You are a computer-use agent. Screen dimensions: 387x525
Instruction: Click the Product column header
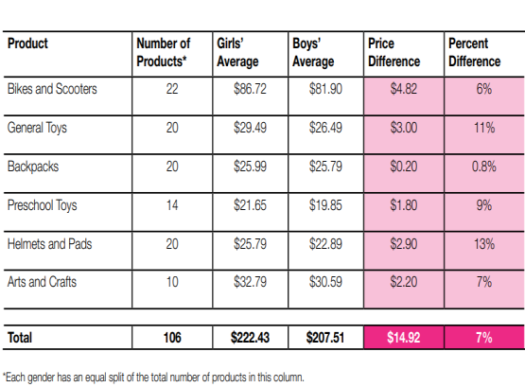pyautogui.click(x=27, y=44)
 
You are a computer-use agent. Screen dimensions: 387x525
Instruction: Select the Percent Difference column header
pyautogui.click(x=474, y=52)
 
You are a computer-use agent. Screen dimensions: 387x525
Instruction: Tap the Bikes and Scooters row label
pyautogui.click(x=52, y=89)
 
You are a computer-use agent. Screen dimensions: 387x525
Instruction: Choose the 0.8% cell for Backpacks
pyautogui.click(x=484, y=166)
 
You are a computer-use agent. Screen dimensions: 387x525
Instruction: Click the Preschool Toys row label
pyautogui.click(x=41, y=204)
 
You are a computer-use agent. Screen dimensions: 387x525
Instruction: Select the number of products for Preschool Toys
pyautogui.click(x=172, y=204)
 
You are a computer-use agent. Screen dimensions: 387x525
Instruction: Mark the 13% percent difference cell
pyautogui.click(x=484, y=243)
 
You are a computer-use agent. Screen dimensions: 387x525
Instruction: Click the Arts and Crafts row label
pyautogui.click(x=43, y=282)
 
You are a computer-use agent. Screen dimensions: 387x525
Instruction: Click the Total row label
pyautogui.click(x=21, y=337)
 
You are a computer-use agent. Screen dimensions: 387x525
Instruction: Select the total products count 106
pyautogui.click(x=172, y=337)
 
